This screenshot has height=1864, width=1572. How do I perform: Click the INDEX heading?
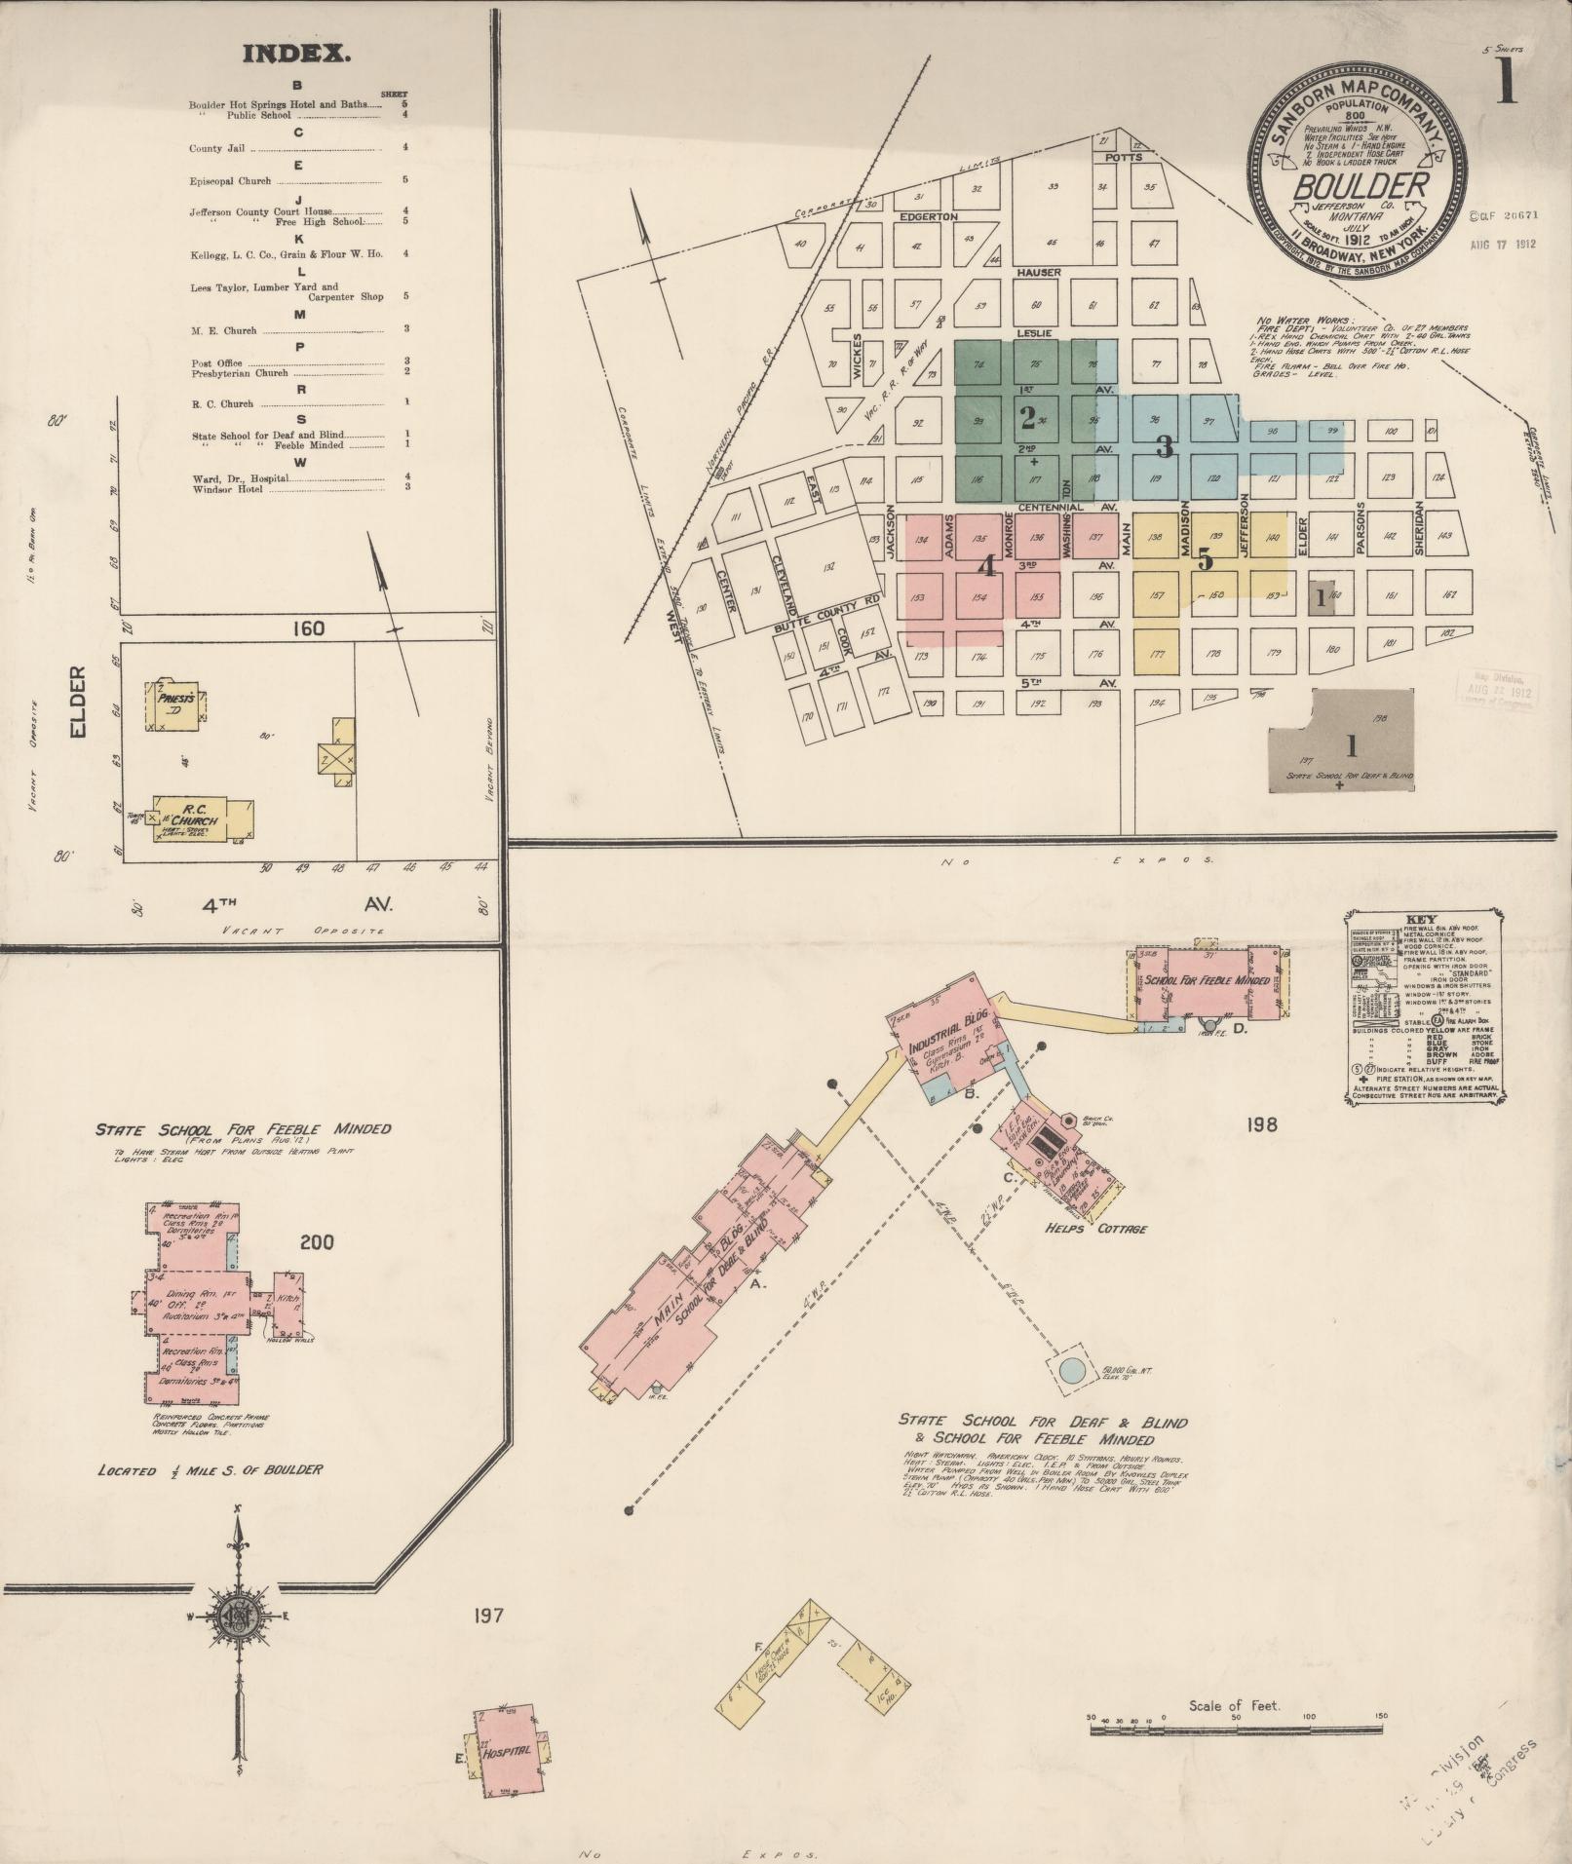pos(296,54)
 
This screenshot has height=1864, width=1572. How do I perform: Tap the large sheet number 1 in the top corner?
pos(1506,84)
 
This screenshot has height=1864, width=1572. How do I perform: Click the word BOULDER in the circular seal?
pos(1361,185)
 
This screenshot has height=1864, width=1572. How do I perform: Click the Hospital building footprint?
pos(508,1750)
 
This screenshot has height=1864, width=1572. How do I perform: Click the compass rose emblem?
pos(237,1617)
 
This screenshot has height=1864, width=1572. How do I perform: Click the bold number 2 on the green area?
pos(1027,417)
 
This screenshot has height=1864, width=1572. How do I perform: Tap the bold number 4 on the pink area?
pos(985,564)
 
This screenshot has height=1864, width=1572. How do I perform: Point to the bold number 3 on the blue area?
pos(1164,447)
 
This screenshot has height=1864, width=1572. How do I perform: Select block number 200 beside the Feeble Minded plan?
pos(317,1241)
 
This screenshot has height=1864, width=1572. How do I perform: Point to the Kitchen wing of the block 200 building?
pos(289,1302)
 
